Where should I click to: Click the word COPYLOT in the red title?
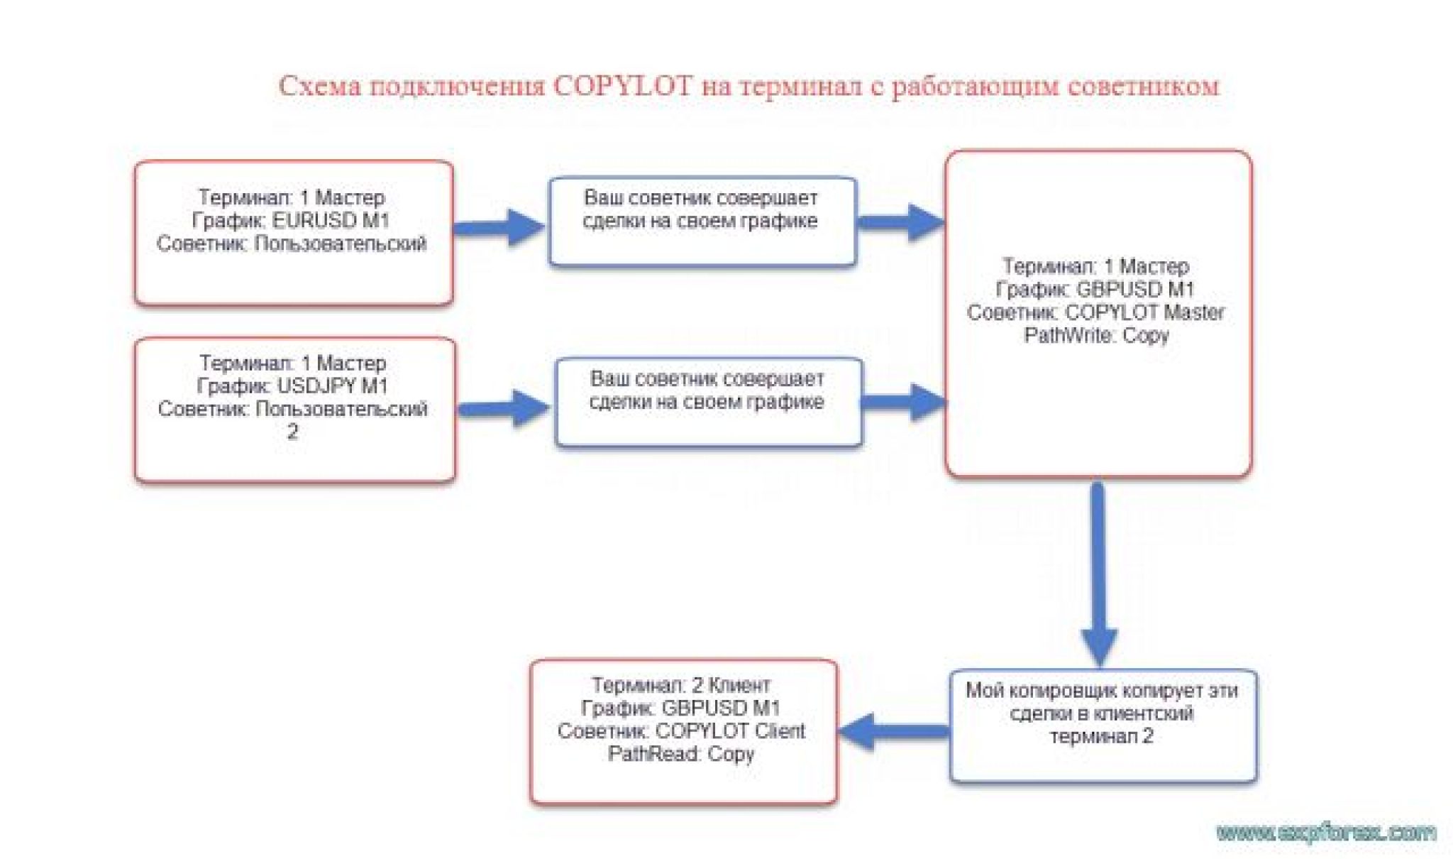pos(622,87)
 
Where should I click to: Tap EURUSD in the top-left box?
pos(314,220)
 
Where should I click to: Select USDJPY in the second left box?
pos(316,386)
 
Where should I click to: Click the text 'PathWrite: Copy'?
pos(1096,335)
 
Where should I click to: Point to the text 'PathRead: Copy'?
pos(681,754)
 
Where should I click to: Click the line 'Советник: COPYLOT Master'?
pos(1096,312)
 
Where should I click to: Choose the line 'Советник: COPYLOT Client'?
pos(681,731)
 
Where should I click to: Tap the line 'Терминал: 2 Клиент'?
pos(681,685)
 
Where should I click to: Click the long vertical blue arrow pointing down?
pos(1098,568)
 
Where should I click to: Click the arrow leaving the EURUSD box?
pos(499,227)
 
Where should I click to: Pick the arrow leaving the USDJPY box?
pos(504,408)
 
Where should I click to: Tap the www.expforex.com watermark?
pos(1325,832)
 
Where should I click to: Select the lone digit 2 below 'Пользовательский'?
pos(292,432)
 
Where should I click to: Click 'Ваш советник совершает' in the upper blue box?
pos(700,197)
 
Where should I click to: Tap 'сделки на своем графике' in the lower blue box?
pos(707,402)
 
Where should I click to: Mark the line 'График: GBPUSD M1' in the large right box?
pos(1096,290)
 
